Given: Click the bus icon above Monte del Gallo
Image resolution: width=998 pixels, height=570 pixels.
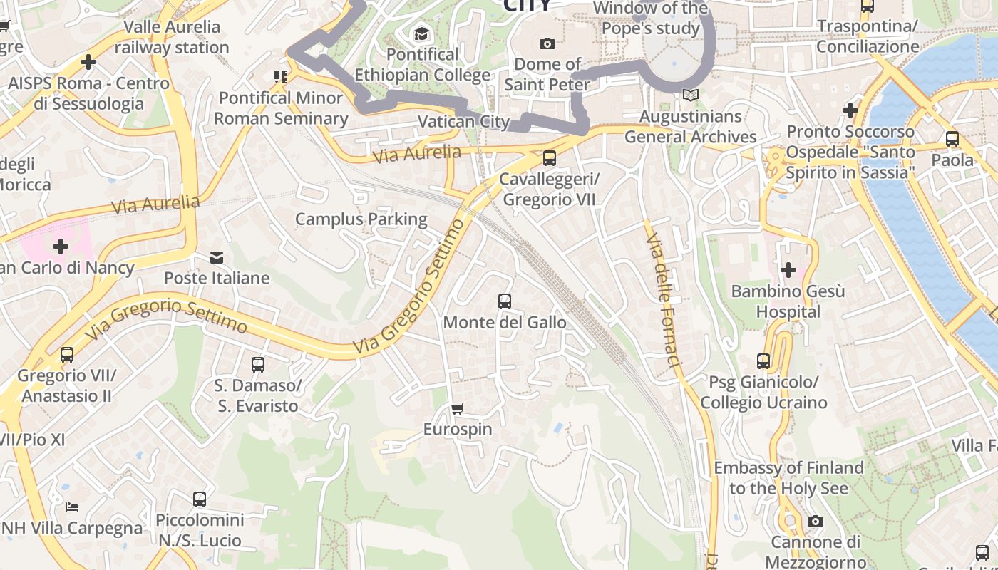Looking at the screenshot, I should (x=505, y=301).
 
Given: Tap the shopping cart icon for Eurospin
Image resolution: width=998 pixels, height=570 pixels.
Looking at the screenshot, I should (x=458, y=408).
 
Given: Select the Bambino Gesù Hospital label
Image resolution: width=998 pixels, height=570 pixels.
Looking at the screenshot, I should (x=788, y=301).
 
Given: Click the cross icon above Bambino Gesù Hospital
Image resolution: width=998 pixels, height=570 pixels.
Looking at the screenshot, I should (x=788, y=270).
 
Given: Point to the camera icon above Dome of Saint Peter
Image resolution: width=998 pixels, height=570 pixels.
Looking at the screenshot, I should (x=547, y=43).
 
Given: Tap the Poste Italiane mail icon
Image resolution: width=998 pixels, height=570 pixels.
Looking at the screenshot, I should (x=217, y=257).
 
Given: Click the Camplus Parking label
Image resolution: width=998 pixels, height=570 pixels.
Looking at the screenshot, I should (x=361, y=219).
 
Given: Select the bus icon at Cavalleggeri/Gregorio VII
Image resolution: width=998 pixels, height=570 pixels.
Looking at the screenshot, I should (x=549, y=158).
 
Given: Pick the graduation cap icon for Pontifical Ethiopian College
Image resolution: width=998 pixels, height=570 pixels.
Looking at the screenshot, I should (x=422, y=33).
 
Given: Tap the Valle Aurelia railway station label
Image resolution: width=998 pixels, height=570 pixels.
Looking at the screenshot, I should (x=172, y=37).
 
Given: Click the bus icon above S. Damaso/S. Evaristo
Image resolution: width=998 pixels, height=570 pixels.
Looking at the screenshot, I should (x=258, y=365).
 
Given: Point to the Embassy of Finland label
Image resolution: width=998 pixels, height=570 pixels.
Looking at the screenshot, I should (x=788, y=478).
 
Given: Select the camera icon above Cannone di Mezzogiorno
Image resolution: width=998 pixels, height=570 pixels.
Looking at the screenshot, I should (x=816, y=522).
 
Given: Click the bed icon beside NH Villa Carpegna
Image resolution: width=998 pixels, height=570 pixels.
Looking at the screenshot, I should (x=72, y=507).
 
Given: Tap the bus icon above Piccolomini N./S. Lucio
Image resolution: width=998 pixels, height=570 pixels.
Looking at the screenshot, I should (x=200, y=499).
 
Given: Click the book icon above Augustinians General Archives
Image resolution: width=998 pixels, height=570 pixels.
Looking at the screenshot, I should (x=690, y=95).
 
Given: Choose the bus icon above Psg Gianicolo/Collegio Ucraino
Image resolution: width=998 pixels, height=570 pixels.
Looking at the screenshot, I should (x=763, y=361).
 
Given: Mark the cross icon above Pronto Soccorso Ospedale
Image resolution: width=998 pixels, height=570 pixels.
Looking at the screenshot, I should (x=850, y=110).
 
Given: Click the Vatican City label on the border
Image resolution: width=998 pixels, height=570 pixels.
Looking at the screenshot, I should (x=463, y=121).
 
